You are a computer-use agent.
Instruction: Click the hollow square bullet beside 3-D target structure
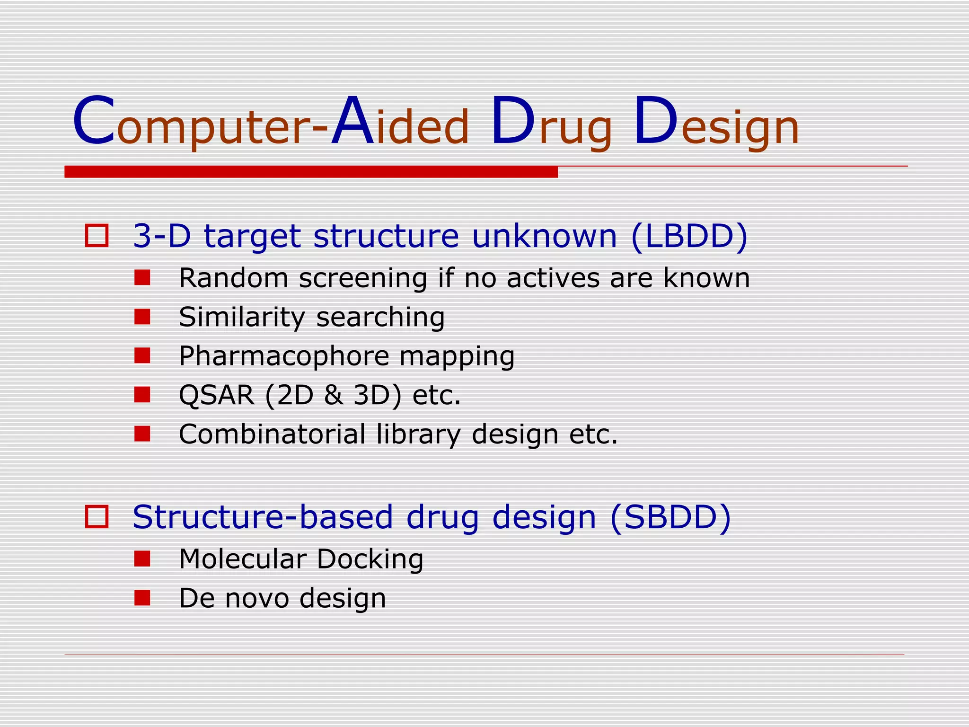[x=97, y=236]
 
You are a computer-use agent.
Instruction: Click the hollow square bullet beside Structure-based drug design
[x=97, y=516]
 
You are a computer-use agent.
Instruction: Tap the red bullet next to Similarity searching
[x=142, y=317]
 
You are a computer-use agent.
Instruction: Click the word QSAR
[x=217, y=395]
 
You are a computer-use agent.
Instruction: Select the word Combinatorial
[x=272, y=434]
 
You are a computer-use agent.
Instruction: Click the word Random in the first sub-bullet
[x=233, y=278]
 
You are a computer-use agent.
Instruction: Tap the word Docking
[x=370, y=559]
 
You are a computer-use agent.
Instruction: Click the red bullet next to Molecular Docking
[x=142, y=559]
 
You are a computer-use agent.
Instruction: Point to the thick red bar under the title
[x=311, y=172]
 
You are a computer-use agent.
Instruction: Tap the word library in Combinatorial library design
[x=418, y=434]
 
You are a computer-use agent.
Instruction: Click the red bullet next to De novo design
[x=142, y=598]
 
